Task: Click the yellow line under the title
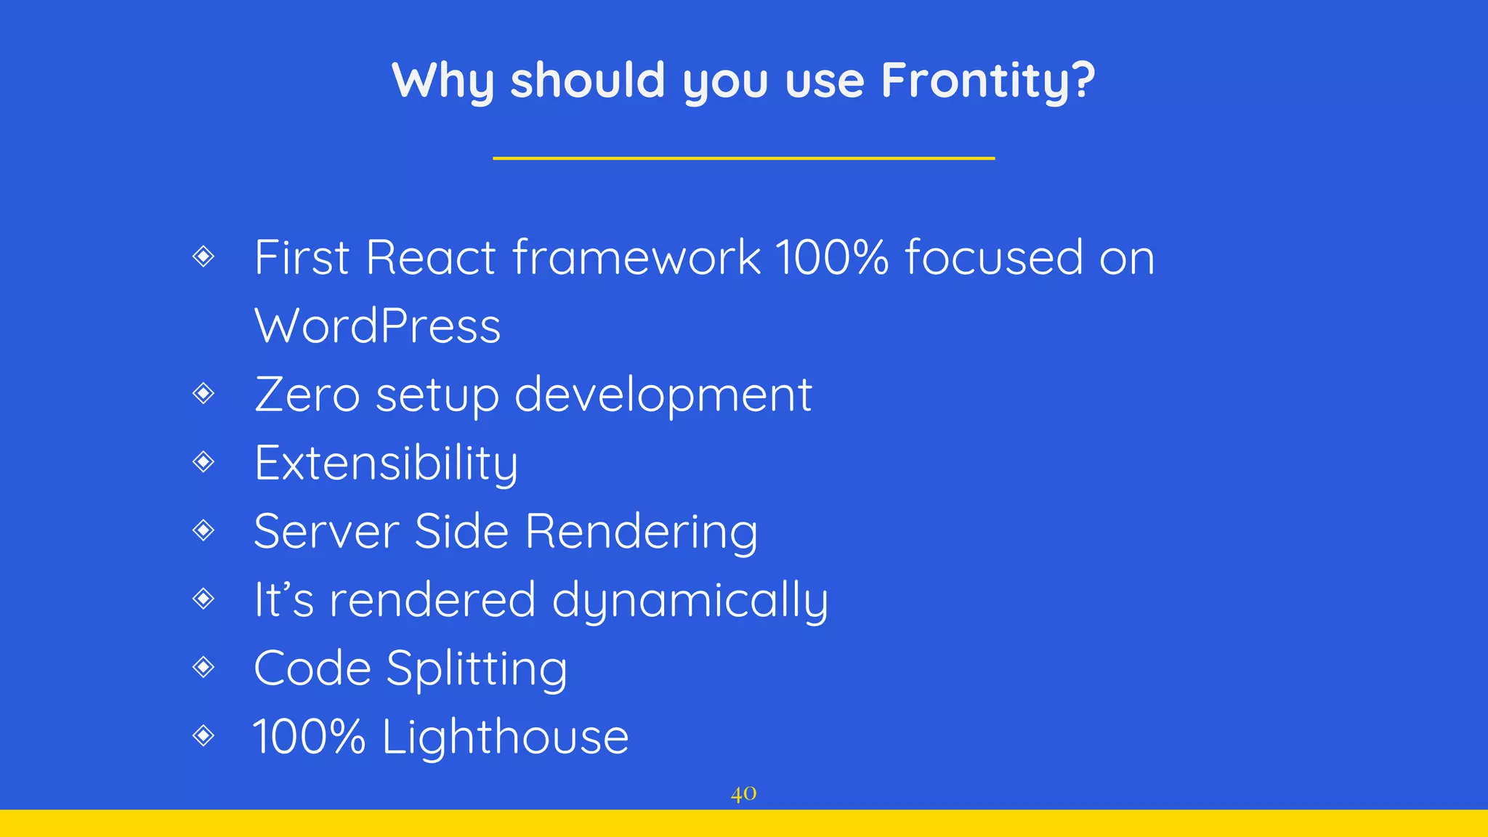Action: point(743,158)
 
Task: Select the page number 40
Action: point(743,793)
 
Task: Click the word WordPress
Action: point(377,326)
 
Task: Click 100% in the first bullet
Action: point(831,257)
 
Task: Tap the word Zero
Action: point(307,395)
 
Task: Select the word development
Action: point(663,396)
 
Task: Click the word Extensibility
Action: point(386,464)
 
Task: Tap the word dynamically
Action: point(690,601)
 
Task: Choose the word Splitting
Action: point(476,669)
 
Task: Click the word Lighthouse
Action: point(505,737)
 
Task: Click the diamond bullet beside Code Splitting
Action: point(203,667)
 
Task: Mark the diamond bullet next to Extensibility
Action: point(203,461)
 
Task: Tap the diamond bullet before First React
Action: point(203,256)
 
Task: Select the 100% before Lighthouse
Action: point(309,737)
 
